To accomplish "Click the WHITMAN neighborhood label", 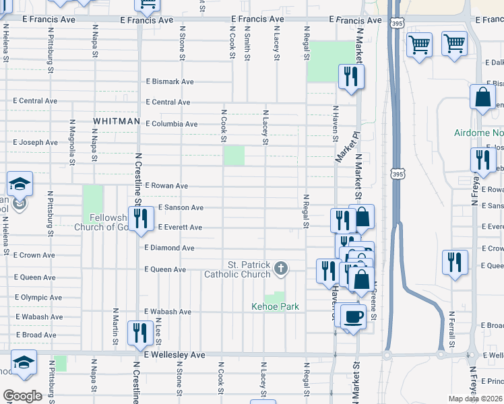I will (x=117, y=121).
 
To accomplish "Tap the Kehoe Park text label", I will (x=275, y=307).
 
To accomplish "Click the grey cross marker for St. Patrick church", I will (x=281, y=269).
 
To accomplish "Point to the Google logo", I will (x=22, y=395).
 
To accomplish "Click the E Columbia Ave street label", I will (x=172, y=124).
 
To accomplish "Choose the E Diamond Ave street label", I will (x=169, y=248).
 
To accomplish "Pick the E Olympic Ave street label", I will (x=38, y=297).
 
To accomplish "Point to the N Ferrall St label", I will (x=449, y=327).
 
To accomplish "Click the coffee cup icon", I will (x=353, y=316).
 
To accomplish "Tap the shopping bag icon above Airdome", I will (x=483, y=98).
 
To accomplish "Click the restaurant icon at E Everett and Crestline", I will (x=140, y=218).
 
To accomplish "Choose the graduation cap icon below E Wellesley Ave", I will (x=23, y=362).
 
